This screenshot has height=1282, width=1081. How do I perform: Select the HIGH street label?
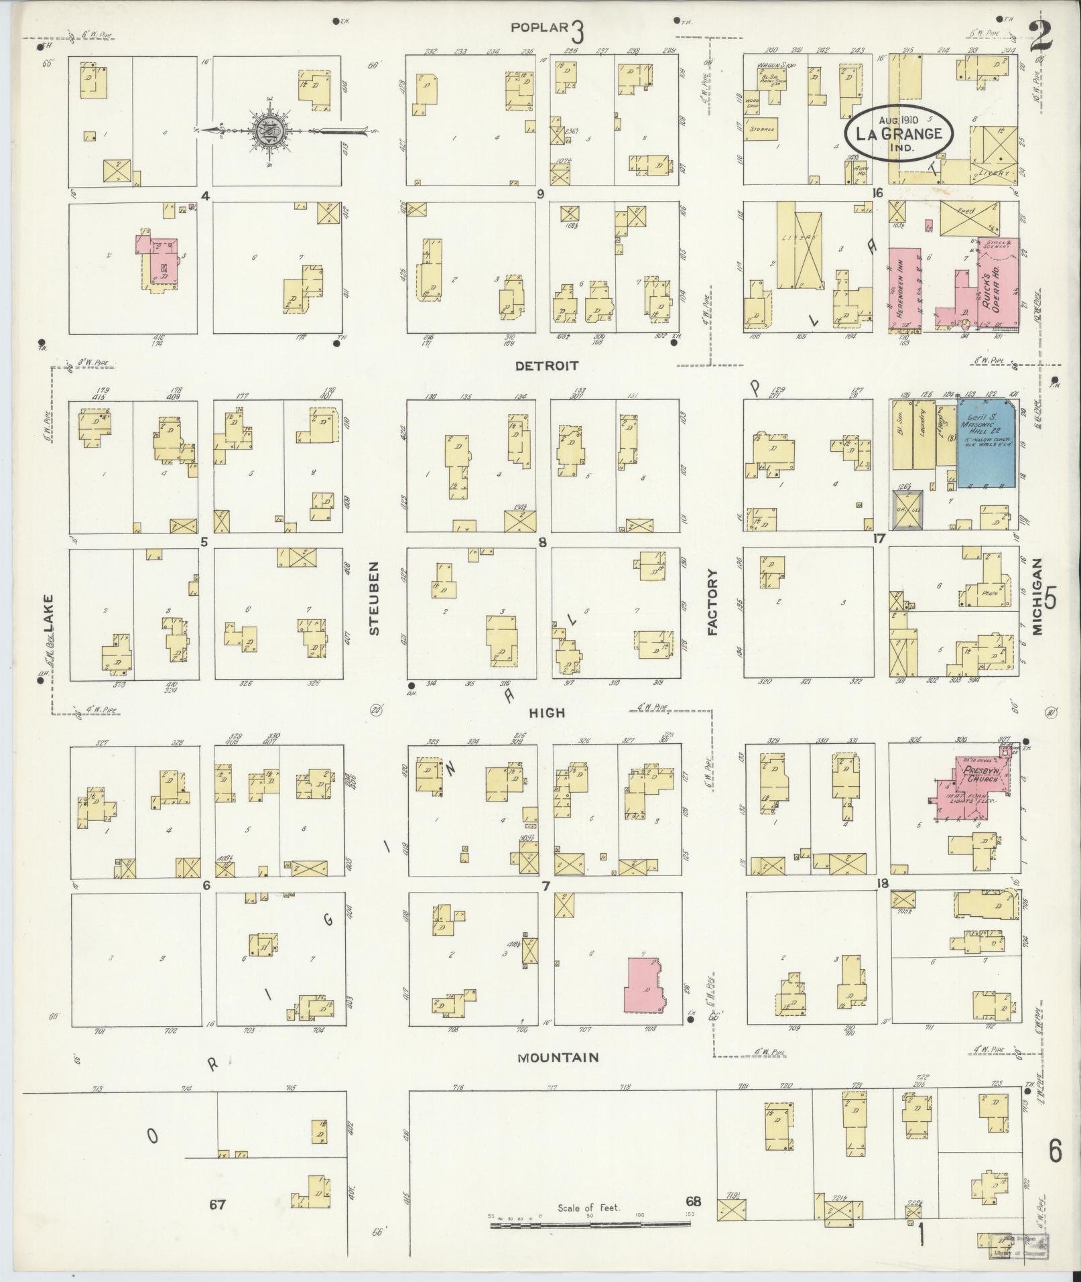548,713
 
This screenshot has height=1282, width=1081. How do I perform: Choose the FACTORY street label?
712,602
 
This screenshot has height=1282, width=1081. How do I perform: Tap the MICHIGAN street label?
1039,598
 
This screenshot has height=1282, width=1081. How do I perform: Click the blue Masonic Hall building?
984,442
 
